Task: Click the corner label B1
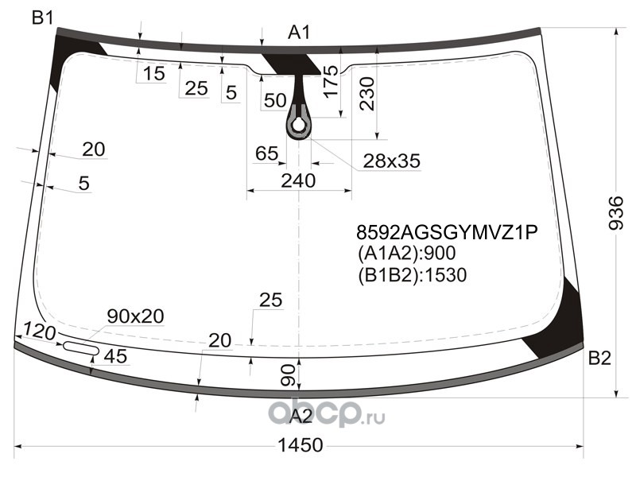point(43,17)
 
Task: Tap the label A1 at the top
point(299,33)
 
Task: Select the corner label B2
point(599,359)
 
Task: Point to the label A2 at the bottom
point(301,416)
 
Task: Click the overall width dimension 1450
point(301,445)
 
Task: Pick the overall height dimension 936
point(616,213)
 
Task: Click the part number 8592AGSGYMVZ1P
point(447,232)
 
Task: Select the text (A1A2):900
point(407,253)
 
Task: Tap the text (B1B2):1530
point(412,274)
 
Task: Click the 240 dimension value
point(298,180)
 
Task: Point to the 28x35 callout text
point(391,161)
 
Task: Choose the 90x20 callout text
point(135,316)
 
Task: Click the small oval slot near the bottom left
point(81,347)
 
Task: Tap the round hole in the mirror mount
point(299,126)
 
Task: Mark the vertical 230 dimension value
point(367,94)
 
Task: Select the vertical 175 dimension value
point(331,82)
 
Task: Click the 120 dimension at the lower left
point(39,332)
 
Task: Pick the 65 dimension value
point(267,153)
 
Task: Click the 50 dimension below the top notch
point(275,100)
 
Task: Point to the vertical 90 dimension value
point(288,375)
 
